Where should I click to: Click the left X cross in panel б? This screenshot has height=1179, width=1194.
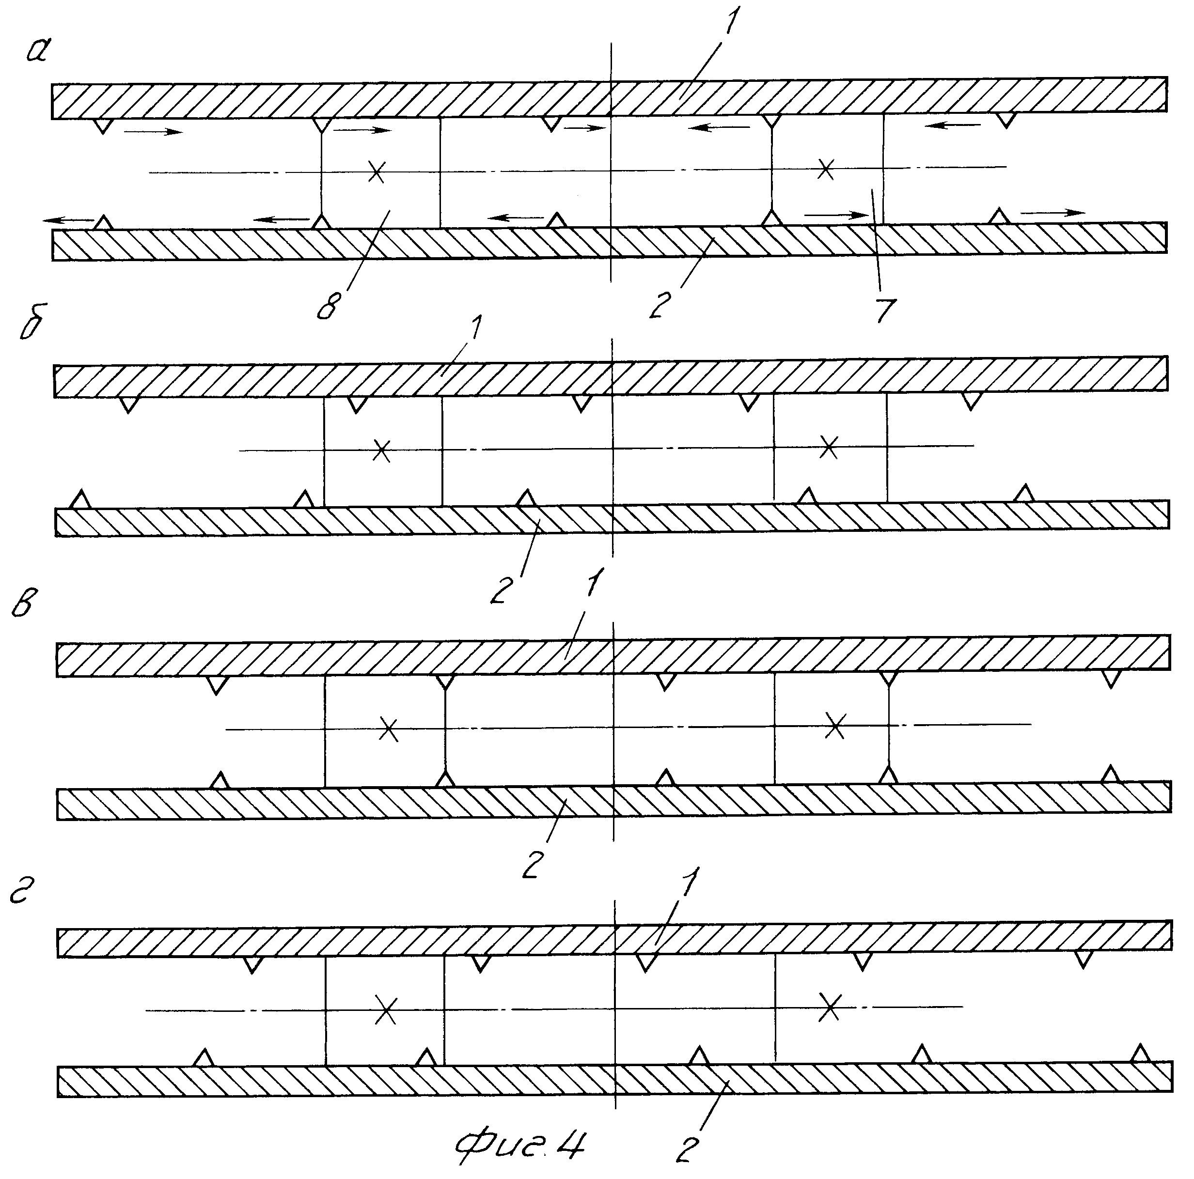pos(382,450)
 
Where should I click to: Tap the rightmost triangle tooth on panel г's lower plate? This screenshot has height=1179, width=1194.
pos(1141,1054)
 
